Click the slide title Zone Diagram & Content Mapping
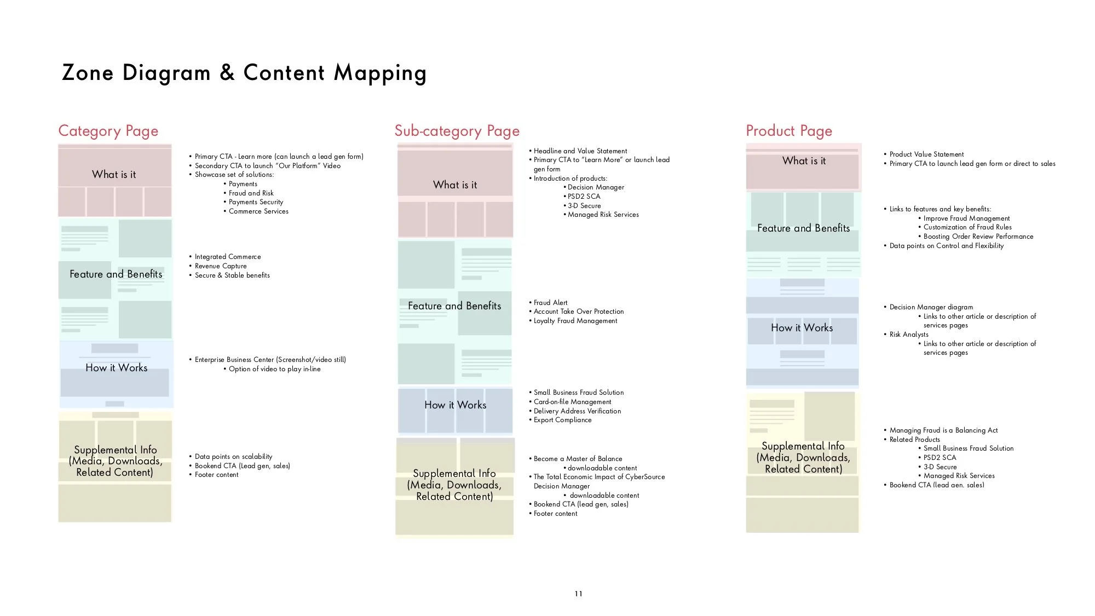click(x=244, y=73)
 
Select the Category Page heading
click(x=108, y=131)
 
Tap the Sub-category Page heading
click(x=457, y=131)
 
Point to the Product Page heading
click(x=788, y=131)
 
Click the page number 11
click(x=579, y=594)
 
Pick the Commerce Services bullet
click(x=258, y=211)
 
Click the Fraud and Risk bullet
click(x=251, y=193)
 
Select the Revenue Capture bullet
click(x=221, y=266)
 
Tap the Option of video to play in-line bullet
click(x=274, y=369)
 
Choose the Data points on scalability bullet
click(x=233, y=457)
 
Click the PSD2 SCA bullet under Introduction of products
click(x=584, y=197)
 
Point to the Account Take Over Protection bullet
click(x=579, y=312)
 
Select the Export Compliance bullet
click(x=562, y=420)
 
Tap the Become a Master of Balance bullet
click(x=578, y=459)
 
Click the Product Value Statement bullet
click(x=926, y=154)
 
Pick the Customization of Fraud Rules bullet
click(x=967, y=227)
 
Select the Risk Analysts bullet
click(x=909, y=335)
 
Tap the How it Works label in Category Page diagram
click(x=116, y=368)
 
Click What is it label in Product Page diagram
click(x=804, y=161)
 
